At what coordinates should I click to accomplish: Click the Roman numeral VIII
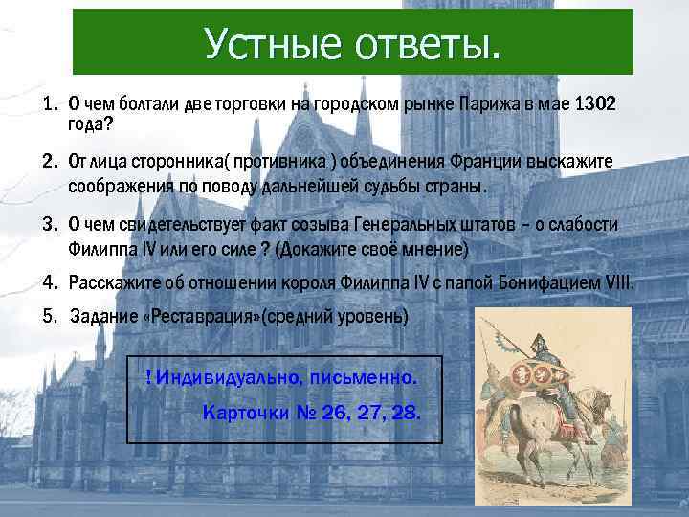[617, 284]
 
